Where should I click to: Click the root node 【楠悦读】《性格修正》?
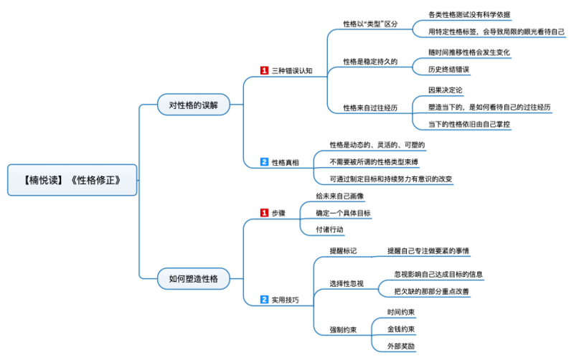pos(72,180)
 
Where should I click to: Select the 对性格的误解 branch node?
pos(193,105)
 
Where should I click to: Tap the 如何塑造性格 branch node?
pos(193,278)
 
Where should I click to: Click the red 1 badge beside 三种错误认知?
pos(264,70)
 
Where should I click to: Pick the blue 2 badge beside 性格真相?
pos(264,162)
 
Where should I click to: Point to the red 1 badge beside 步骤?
pos(264,213)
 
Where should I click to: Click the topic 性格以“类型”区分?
pos(370,24)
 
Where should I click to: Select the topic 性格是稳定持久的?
pos(370,61)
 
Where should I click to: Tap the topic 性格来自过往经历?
pos(370,108)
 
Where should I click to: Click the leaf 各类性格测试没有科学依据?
pos(469,14)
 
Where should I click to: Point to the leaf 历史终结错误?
pos(448,70)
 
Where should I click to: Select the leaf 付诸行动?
pos(330,230)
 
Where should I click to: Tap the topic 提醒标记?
pos(342,251)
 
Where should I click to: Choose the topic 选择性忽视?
pos(347,283)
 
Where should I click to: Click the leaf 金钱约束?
pos(401,329)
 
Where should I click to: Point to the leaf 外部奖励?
pos(401,346)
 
